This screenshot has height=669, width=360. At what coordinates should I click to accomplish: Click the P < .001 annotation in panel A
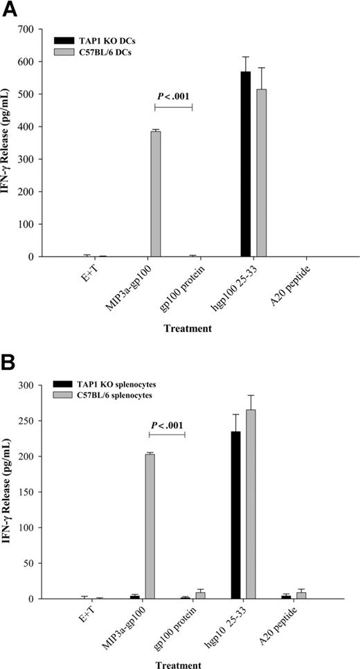[x=173, y=95]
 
